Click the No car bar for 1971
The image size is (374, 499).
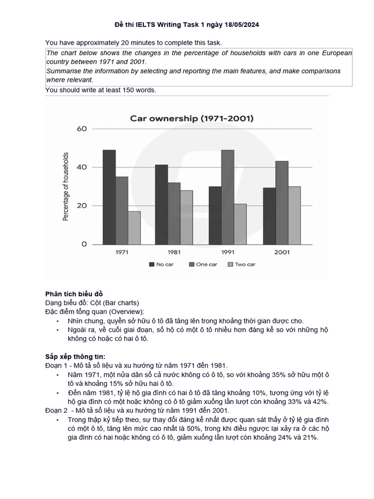[109, 197]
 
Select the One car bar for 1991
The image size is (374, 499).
[227, 197]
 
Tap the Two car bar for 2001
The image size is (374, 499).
[294, 215]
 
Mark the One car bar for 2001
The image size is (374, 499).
[281, 202]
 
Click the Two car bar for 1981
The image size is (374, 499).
[187, 217]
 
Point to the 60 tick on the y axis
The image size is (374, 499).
[81, 129]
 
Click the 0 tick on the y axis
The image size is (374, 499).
[84, 244]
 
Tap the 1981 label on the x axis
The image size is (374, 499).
[174, 252]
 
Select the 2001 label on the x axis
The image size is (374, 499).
[281, 252]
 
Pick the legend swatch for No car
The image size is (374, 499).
[151, 264]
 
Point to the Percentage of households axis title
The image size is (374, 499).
[66, 186]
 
